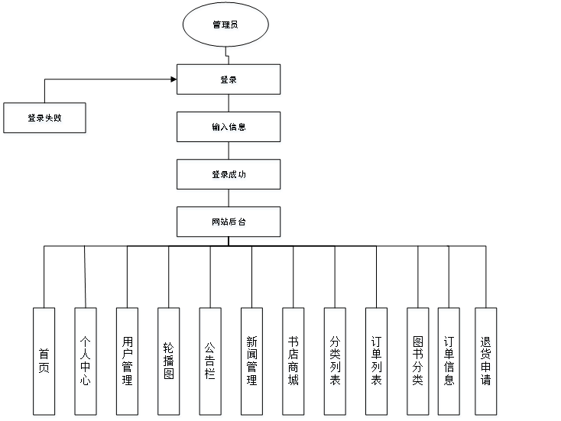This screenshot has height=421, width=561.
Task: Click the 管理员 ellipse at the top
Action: click(x=225, y=26)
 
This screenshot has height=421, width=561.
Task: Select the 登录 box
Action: click(x=229, y=81)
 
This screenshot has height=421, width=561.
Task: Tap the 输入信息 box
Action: click(x=229, y=128)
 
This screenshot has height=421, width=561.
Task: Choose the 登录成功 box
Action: click(x=229, y=176)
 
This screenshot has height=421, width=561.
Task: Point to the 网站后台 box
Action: click(x=229, y=224)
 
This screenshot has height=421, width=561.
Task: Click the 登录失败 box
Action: click(x=46, y=119)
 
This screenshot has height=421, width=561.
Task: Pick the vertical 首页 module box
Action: click(x=44, y=362)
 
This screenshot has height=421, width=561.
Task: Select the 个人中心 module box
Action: click(x=86, y=362)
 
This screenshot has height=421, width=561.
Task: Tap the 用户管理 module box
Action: click(x=127, y=362)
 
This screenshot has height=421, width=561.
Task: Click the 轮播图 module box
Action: click(x=169, y=362)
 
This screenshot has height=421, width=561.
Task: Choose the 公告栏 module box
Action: click(x=210, y=362)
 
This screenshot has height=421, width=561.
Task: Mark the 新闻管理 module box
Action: click(x=251, y=362)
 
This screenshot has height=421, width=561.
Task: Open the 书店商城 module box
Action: click(x=293, y=362)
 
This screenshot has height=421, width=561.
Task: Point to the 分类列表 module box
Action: click(x=335, y=362)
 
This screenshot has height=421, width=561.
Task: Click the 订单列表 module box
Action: click(x=377, y=362)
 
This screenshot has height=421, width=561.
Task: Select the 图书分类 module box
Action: click(x=417, y=362)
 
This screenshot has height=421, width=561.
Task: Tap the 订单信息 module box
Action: click(x=449, y=362)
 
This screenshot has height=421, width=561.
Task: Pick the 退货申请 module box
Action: click(x=486, y=362)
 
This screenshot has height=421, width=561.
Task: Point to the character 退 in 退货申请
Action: click(x=486, y=344)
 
